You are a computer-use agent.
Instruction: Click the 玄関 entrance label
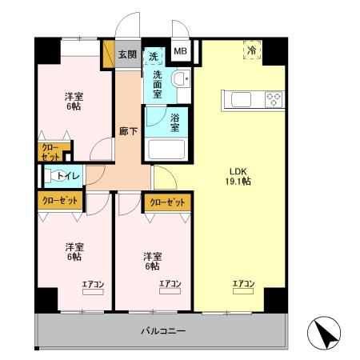(x=127, y=55)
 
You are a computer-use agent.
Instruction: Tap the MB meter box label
(x=181, y=54)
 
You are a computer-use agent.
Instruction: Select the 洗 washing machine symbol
(x=154, y=56)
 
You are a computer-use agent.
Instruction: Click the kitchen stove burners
(x=273, y=99)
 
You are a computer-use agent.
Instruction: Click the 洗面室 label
(x=156, y=83)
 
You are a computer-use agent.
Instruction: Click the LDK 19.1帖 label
(x=240, y=176)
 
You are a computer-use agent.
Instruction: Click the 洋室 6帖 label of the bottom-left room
(x=74, y=251)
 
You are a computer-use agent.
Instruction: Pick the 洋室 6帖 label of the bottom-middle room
(x=153, y=261)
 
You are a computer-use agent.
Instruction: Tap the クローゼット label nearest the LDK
(x=167, y=202)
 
